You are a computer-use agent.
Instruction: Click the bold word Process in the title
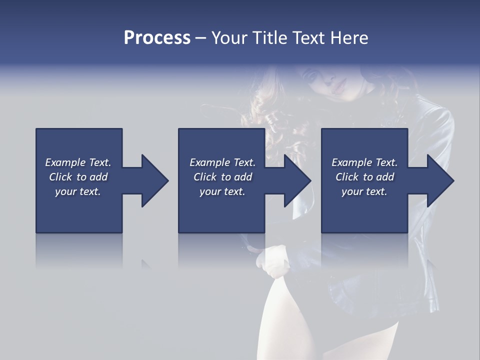pyautogui.click(x=157, y=38)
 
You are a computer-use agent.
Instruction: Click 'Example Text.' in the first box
pyautogui.click(x=78, y=162)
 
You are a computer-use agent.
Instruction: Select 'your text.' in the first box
pyautogui.click(x=78, y=191)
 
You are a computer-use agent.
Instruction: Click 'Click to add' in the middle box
pyautogui.click(x=222, y=177)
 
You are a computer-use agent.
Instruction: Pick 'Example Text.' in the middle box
pyautogui.click(x=222, y=162)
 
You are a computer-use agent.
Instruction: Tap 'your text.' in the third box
pyautogui.click(x=364, y=191)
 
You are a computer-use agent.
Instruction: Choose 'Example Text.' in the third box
pyautogui.click(x=364, y=162)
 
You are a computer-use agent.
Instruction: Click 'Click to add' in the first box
pyautogui.click(x=78, y=177)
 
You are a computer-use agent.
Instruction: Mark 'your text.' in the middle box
pyautogui.click(x=222, y=191)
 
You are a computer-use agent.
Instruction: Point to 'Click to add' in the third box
pyautogui.click(x=364, y=177)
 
